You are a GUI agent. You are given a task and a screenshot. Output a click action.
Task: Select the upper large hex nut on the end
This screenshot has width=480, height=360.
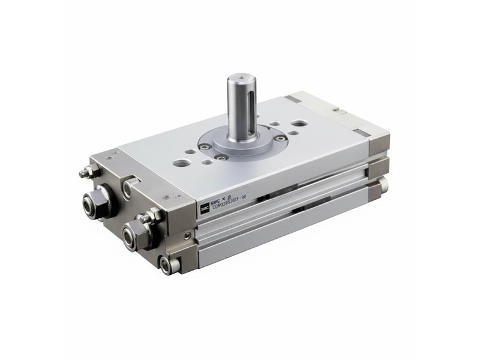[x=96, y=205]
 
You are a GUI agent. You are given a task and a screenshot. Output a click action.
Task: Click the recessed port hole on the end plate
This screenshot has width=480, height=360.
[x=128, y=190]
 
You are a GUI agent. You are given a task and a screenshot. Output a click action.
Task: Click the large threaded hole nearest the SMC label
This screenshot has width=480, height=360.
[x=181, y=162]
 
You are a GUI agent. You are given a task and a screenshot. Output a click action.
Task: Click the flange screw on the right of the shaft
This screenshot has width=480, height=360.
[x=280, y=139]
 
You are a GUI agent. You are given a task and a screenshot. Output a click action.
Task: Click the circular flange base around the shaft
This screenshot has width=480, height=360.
[x=240, y=146]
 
